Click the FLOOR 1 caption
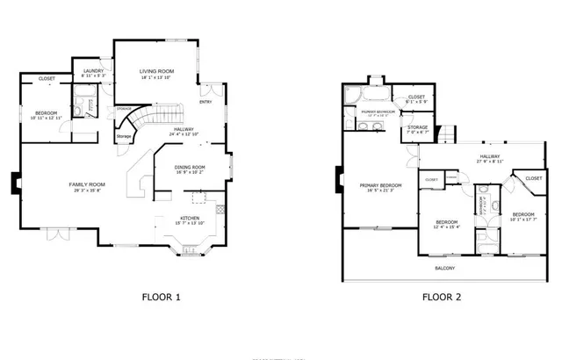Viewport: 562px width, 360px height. coord(161,297)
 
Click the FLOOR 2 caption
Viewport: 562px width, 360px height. coord(442,297)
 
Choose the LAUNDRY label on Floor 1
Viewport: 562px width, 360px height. coord(94,70)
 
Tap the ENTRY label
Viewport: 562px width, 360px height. coord(205,102)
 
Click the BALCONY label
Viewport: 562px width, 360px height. coord(445,268)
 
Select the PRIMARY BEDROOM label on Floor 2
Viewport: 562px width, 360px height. coord(381,185)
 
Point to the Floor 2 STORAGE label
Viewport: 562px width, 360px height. coord(418,127)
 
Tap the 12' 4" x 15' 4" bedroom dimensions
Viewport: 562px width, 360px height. coord(448,227)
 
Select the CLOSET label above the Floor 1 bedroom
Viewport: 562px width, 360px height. coord(47,79)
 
